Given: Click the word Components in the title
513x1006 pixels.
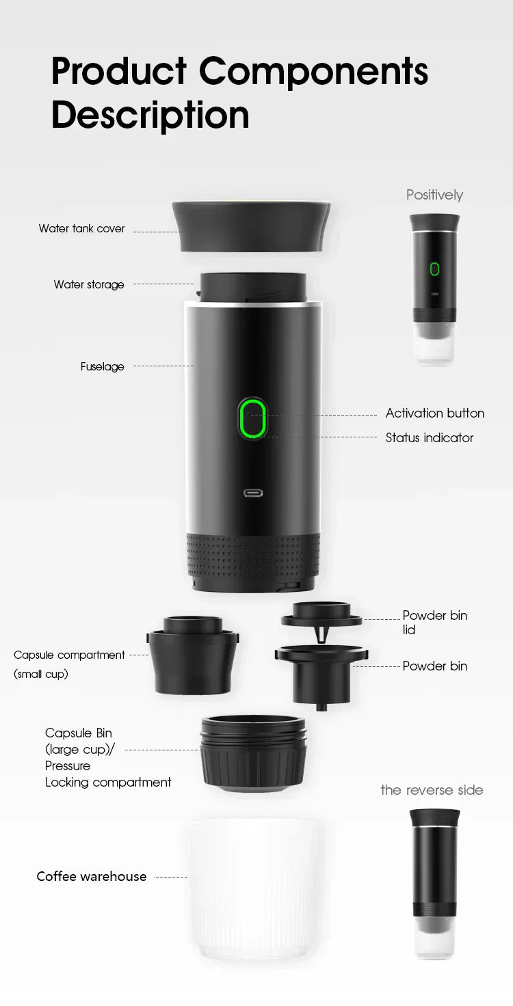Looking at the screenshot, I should click(x=313, y=71).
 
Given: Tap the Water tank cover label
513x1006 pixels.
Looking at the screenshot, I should click(x=81, y=229).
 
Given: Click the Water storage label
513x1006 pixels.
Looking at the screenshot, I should click(x=89, y=284).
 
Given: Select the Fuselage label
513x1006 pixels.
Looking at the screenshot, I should click(x=103, y=367).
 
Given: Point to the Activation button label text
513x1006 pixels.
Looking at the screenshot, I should click(x=434, y=413).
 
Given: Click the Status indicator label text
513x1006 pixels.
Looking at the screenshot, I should click(x=429, y=438).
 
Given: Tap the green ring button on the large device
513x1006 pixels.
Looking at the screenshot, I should click(x=252, y=418).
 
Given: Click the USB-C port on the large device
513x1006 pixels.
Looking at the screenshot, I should click(x=253, y=493).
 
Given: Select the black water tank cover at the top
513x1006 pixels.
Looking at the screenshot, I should click(x=252, y=226).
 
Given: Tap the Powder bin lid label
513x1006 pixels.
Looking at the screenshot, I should click(x=434, y=622).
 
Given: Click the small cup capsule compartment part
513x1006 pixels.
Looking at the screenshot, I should click(x=192, y=656).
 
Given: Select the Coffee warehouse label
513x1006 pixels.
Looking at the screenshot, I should click(x=91, y=877).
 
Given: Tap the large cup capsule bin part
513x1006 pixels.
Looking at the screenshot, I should click(x=253, y=752).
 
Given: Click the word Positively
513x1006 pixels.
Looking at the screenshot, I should click(x=434, y=195).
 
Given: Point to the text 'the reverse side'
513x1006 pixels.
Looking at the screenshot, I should click(x=432, y=790).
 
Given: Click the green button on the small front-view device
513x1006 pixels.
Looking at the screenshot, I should click(x=434, y=269).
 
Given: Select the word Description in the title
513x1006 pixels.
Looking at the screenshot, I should click(x=150, y=115).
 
